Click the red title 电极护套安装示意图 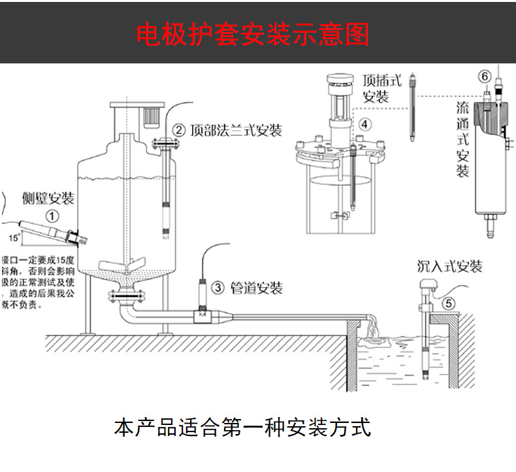[253, 33]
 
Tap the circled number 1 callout [52, 215]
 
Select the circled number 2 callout [178, 130]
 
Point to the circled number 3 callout [219, 287]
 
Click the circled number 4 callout [364, 124]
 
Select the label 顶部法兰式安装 [236, 130]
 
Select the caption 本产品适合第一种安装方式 [242, 428]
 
